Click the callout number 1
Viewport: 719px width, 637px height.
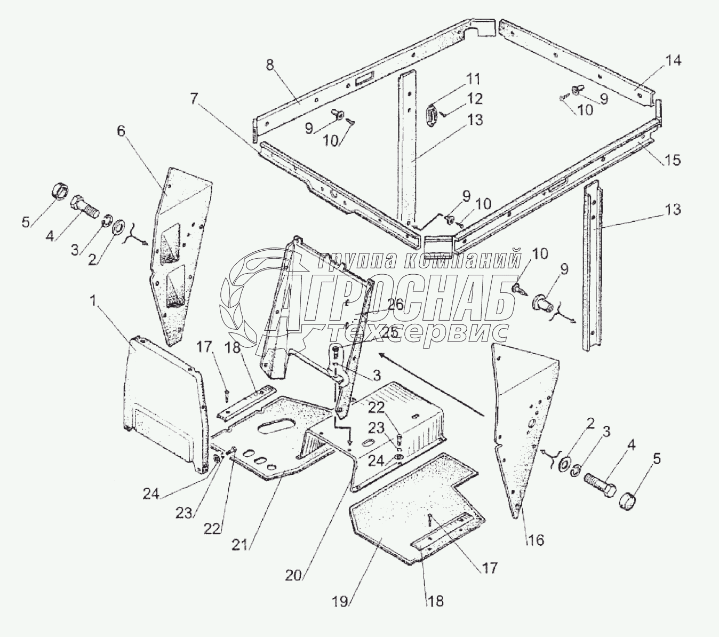(x=93, y=302)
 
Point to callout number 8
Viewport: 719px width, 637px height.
(x=270, y=66)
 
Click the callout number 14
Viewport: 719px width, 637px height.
(x=673, y=60)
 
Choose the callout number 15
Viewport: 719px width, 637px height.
(x=673, y=160)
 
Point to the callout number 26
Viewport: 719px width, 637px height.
(x=395, y=305)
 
